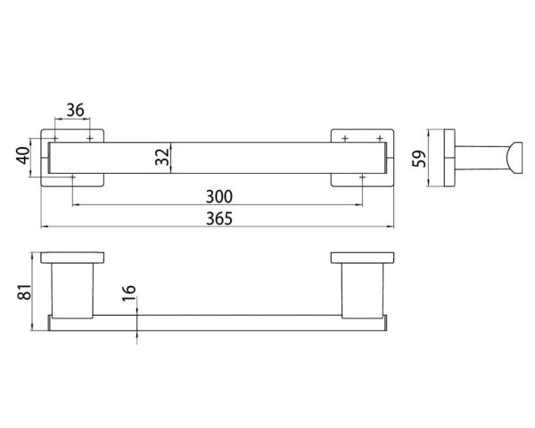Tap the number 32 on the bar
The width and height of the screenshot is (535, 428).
(x=161, y=158)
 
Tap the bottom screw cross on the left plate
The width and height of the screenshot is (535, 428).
(x=73, y=177)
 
